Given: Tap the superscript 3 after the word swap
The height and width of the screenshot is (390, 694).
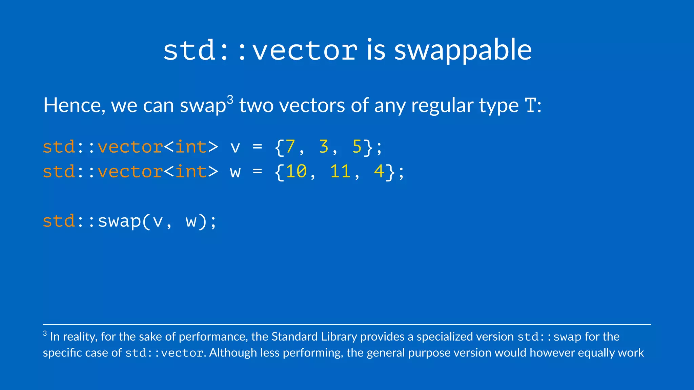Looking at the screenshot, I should coord(230,100).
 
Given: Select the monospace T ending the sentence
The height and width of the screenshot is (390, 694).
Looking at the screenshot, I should coord(531,106).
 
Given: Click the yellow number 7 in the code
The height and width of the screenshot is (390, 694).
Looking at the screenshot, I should coord(290,147).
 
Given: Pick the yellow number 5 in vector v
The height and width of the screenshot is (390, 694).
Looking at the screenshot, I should coord(357,147).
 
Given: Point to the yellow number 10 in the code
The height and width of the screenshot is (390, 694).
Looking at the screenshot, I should coord(296,172).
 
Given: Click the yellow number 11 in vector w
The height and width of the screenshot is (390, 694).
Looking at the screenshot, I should coord(340,172).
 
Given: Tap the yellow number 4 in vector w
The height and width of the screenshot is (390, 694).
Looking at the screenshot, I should coord(379,172).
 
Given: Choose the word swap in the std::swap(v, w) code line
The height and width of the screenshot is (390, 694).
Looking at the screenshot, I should coord(119,222).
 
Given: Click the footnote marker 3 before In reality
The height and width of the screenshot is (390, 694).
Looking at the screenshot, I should coord(45,334).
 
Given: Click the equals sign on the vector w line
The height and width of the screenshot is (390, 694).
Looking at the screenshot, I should coord(257,172).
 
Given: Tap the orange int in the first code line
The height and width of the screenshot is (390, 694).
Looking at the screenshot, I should coord(191,147).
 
